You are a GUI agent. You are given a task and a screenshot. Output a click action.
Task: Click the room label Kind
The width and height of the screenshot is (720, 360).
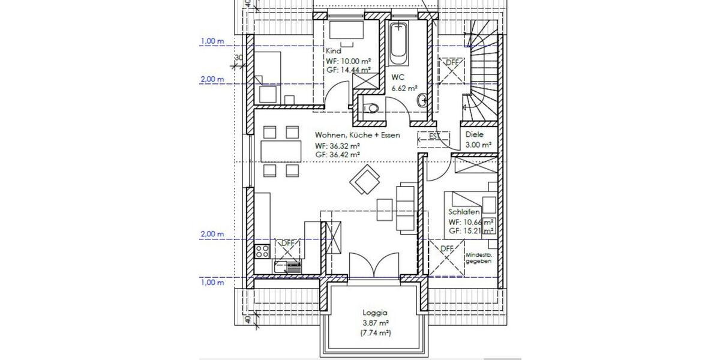point(333,52)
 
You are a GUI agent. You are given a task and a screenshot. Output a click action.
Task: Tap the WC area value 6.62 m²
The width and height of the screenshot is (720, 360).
point(404,88)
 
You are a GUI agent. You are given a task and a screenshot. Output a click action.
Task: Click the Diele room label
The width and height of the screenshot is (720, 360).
point(474,135)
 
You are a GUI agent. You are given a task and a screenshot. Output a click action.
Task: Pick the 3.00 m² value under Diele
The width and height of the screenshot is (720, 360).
point(478,145)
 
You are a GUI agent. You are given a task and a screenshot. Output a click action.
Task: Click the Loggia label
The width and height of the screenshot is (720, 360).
point(375,313)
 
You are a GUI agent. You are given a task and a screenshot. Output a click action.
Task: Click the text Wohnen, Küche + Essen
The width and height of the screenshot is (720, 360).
point(357,136)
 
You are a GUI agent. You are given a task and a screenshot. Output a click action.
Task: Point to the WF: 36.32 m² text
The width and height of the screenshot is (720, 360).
point(337,146)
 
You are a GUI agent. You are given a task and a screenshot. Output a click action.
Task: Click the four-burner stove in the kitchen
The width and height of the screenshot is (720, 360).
point(262,251)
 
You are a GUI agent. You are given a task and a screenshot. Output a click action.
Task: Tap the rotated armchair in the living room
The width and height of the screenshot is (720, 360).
point(365,180)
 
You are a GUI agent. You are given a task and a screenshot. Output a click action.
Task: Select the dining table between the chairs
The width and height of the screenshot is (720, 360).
point(281,151)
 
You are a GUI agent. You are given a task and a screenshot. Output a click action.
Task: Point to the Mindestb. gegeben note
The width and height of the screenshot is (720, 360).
point(478,258)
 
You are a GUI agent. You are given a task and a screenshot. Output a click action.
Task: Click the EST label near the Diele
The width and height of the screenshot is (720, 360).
point(433,136)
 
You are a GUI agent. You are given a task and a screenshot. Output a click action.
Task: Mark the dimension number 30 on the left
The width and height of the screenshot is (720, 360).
point(238,58)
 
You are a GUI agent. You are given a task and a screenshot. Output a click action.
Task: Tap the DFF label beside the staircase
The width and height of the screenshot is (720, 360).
point(451,62)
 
